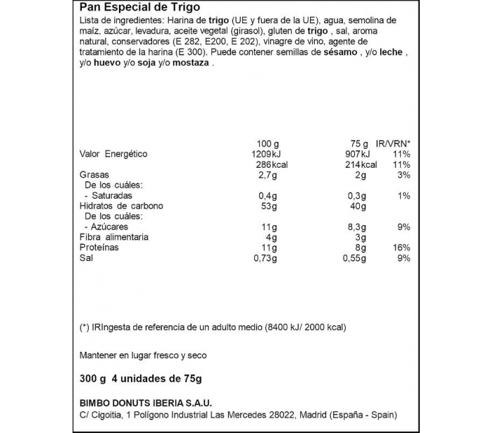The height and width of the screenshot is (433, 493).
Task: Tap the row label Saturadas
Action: point(111,195)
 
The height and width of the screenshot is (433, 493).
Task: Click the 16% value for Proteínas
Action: point(402,248)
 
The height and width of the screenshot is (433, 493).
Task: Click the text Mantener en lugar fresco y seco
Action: point(142,355)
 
